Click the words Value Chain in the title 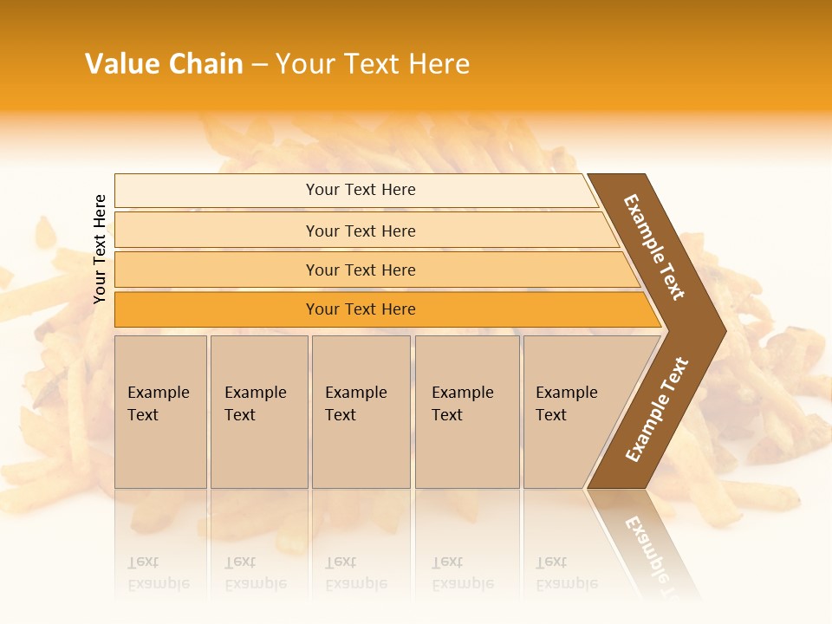tap(164, 64)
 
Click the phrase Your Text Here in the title tap(373, 64)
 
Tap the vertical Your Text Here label tap(100, 249)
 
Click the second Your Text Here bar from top tap(361, 231)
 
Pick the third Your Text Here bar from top tap(361, 270)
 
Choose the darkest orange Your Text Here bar tap(361, 309)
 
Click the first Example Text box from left tap(160, 412)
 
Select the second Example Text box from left tap(258, 412)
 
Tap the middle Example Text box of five tap(361, 412)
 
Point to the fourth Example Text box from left tap(466, 412)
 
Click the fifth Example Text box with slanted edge tap(572, 412)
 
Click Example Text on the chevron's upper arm tap(654, 247)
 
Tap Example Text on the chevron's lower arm tap(657, 409)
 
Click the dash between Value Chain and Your tap(259, 65)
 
